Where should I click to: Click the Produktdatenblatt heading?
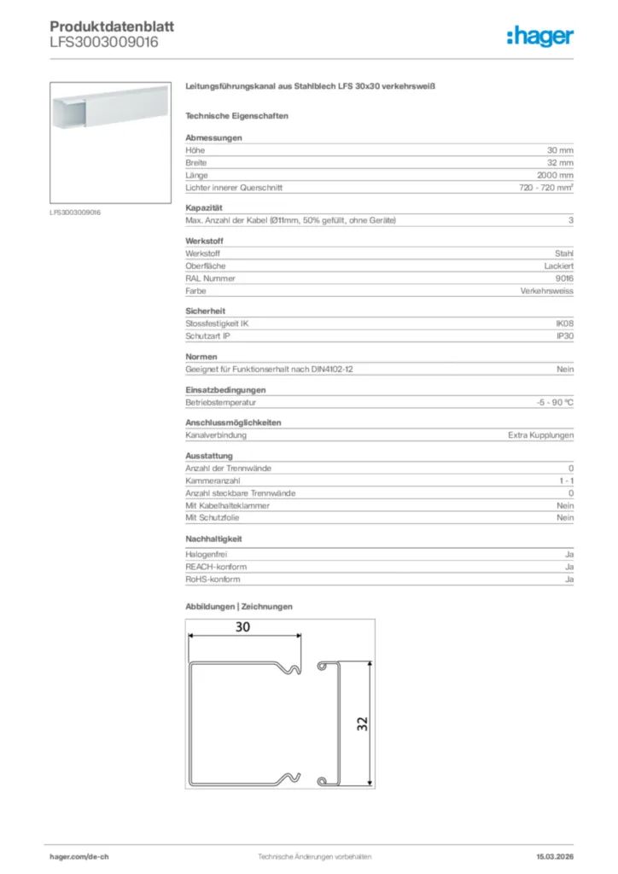[x=112, y=26]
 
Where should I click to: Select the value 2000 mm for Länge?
[x=554, y=175]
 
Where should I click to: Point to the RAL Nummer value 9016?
[x=564, y=278]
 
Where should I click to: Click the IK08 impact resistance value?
[x=564, y=323]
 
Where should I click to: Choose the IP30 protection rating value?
[x=565, y=336]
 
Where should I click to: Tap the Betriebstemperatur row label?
[x=221, y=402]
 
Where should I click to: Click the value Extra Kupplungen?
[x=539, y=435]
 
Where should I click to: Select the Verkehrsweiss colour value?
[x=547, y=291]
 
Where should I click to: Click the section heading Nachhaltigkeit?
[x=213, y=539]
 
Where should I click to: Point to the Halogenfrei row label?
[x=206, y=555]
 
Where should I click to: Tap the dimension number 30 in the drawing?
[x=243, y=627]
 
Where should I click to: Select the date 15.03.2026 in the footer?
[x=555, y=856]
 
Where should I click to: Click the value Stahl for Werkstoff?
[x=564, y=254]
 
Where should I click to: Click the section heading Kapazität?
[x=204, y=207]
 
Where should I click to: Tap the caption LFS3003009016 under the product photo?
[x=75, y=213]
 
